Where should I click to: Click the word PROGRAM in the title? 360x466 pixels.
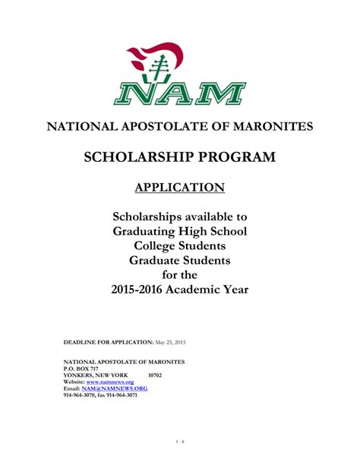(238, 157)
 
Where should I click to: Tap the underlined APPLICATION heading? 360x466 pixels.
(180, 188)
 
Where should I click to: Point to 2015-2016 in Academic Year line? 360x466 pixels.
(142, 290)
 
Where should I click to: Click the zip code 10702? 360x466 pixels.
(155, 375)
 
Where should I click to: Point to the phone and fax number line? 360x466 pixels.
(99, 395)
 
